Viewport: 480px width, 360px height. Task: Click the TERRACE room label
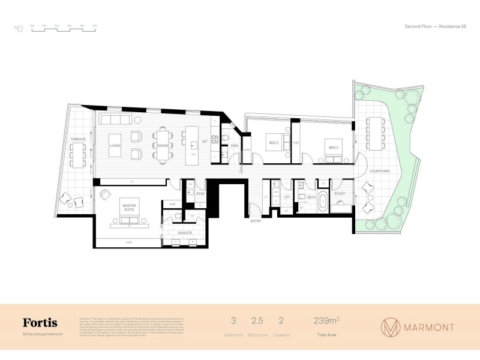[78, 139]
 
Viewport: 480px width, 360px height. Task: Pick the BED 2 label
[273, 143]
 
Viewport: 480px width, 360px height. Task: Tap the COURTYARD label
[379, 171]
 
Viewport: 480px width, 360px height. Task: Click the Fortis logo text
[40, 323]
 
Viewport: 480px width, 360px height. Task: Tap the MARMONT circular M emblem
[391, 327]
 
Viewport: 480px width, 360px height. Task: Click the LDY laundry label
[287, 196]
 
